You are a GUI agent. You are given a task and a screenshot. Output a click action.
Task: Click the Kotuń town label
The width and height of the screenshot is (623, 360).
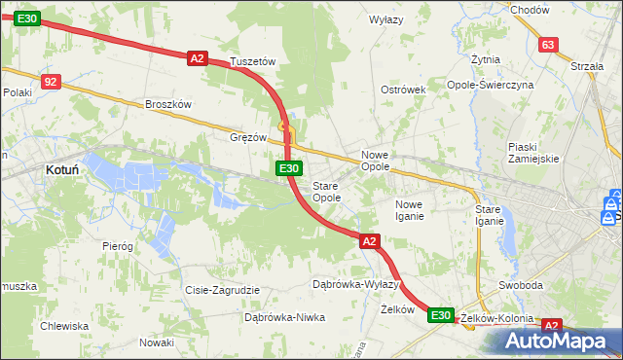point(62,169)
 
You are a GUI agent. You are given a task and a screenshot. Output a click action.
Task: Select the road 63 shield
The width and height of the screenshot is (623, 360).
point(548,45)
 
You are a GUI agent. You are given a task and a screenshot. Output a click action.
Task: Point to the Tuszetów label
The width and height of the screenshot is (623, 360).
point(253,61)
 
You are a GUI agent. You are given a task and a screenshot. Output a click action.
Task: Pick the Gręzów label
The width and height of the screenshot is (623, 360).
point(248,137)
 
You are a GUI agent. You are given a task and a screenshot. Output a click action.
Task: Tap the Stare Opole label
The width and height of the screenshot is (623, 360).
point(326,191)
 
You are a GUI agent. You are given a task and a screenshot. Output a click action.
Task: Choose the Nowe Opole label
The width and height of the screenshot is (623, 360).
point(376,161)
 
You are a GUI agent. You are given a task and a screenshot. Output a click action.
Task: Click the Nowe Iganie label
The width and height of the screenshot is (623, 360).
point(409,209)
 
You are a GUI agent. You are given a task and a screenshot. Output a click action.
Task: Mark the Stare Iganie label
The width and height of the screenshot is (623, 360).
point(489,215)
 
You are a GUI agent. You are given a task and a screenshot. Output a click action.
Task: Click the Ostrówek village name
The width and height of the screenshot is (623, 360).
point(404,90)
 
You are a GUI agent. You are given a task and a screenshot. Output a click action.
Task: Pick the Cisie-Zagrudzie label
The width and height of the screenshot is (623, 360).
point(222,290)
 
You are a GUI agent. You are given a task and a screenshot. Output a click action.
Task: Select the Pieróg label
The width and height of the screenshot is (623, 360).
point(117,246)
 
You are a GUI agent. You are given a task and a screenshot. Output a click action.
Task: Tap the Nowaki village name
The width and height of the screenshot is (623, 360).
point(156,342)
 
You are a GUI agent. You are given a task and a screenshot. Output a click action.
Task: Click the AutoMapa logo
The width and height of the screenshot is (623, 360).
point(558,342)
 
